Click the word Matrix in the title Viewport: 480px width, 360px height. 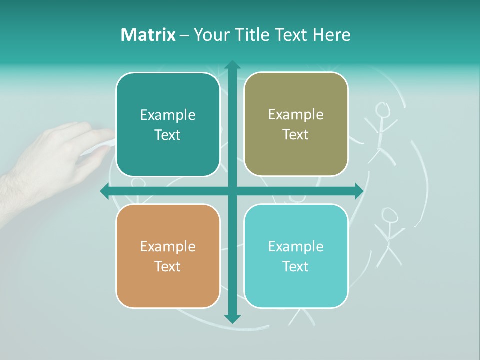(x=148, y=35)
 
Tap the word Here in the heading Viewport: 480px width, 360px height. (x=332, y=35)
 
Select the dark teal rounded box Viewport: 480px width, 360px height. (x=168, y=125)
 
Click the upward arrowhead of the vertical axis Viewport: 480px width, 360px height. (x=232, y=65)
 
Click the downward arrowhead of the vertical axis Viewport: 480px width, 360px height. (x=232, y=318)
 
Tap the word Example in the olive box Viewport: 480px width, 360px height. (x=296, y=115)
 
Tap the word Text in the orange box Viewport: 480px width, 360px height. (x=168, y=266)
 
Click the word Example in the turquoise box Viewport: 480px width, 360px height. (x=296, y=246)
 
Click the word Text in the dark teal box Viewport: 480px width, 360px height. (x=168, y=135)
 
